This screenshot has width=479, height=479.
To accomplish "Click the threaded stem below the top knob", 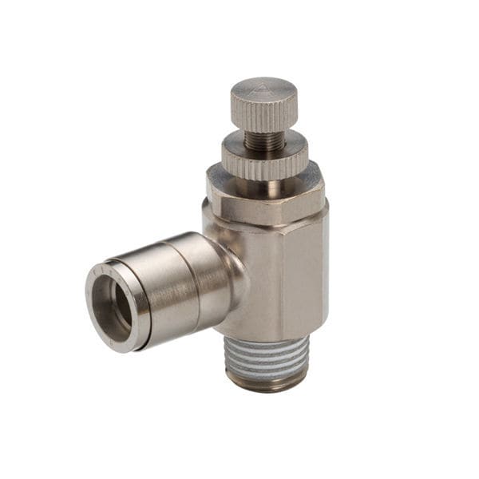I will pos(263,141).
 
